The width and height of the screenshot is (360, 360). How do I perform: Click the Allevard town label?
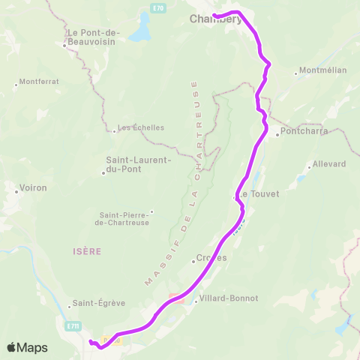[x=328, y=163]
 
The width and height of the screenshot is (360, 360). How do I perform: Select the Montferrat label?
[x=39, y=81]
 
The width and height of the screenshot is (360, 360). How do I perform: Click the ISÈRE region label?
[x=87, y=252]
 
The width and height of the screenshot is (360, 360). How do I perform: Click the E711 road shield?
[x=72, y=325]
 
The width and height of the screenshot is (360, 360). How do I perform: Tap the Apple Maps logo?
[x=27, y=347]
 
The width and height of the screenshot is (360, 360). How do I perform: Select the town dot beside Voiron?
[x=16, y=191]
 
